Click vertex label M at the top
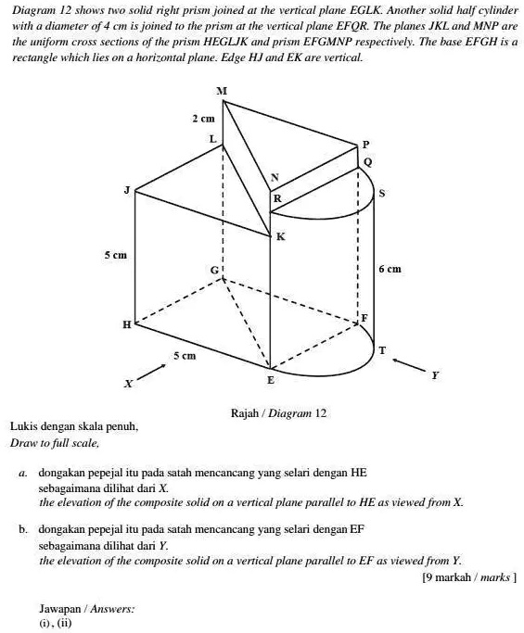(x=220, y=90)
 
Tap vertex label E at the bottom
(x=271, y=380)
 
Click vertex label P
(x=365, y=145)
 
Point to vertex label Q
(x=367, y=161)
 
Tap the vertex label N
(x=273, y=177)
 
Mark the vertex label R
(x=275, y=198)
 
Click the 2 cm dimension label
(x=202, y=120)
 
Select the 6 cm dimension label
(x=390, y=270)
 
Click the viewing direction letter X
(x=129, y=382)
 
